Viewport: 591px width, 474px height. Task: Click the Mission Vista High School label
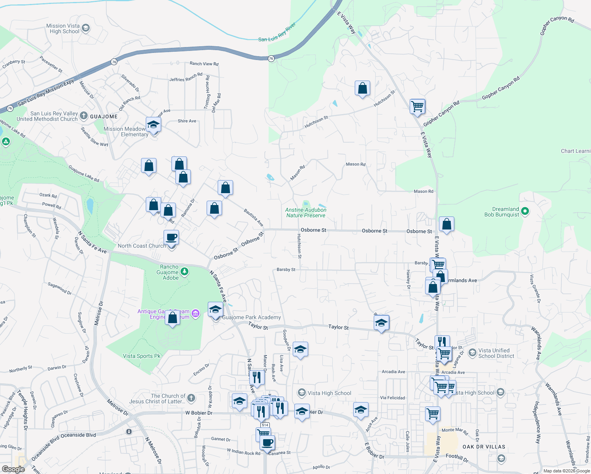tap(63, 28)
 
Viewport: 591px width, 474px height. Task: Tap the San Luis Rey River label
tap(277, 33)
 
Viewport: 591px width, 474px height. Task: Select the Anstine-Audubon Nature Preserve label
tap(306, 213)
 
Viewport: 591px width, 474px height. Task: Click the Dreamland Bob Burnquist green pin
tap(525, 212)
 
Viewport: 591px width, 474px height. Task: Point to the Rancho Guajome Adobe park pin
tap(184, 272)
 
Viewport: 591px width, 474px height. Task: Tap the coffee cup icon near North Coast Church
tap(171, 237)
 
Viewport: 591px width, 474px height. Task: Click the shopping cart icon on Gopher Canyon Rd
tap(417, 106)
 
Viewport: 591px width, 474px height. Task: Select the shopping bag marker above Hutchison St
tap(362, 89)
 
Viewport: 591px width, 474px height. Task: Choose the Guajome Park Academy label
tap(251, 317)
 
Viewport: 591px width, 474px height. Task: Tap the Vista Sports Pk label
tap(141, 356)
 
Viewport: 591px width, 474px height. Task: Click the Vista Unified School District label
tap(496, 353)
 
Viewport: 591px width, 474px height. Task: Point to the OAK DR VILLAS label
tap(484, 447)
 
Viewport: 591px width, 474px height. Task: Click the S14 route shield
tap(265, 425)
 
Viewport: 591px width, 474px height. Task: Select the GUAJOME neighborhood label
tap(104, 117)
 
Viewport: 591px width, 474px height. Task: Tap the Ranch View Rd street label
tap(204, 64)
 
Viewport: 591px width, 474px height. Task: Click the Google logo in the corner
tap(13, 469)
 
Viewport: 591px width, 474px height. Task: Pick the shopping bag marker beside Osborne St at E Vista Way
tap(446, 224)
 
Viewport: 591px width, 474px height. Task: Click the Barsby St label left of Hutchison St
tap(286, 270)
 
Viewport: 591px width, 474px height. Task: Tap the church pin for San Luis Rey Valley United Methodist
tap(83, 115)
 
